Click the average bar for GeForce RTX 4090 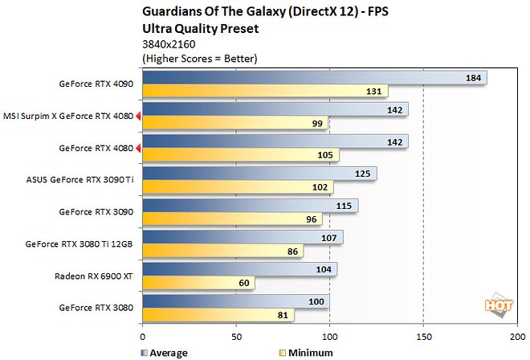[x=313, y=78]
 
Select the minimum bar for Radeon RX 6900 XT [x=198, y=283]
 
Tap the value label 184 [x=474, y=78]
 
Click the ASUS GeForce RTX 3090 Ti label [x=80, y=181]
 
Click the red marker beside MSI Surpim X [x=139, y=117]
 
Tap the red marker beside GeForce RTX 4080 [x=139, y=149]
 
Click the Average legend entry [x=165, y=352]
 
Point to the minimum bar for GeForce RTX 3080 [x=218, y=315]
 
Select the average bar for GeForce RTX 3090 [x=250, y=206]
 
